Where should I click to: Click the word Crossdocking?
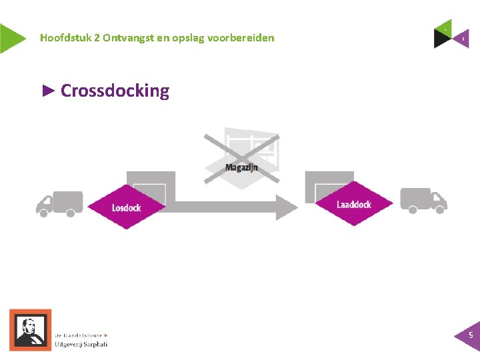115,91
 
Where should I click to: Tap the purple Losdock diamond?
126,207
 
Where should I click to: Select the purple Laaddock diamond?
353,204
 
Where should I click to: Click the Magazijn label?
241,167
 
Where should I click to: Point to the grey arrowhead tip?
297,207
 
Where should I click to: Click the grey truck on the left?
59,203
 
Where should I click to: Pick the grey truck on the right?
423,199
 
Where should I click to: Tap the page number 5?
471,335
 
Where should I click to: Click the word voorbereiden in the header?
241,38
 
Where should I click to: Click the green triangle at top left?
9,38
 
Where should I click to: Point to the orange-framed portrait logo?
30,329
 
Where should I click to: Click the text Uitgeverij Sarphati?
81,344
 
